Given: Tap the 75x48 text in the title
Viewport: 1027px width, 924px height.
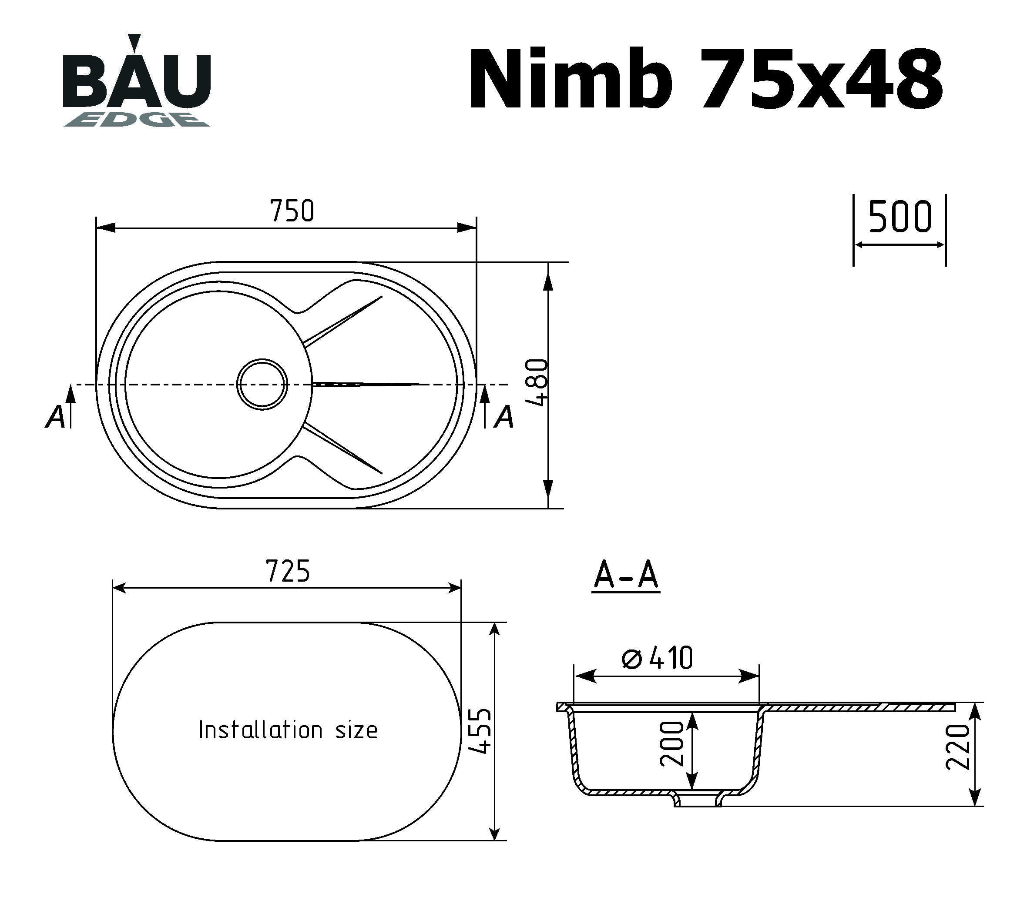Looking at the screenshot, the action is [x=822, y=79].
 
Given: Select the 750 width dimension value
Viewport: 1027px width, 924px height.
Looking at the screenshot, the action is [x=292, y=211].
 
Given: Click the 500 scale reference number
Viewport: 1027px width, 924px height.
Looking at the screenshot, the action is [x=899, y=217].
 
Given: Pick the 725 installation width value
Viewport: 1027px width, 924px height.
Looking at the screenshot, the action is [x=288, y=571].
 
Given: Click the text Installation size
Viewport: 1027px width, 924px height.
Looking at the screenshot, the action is [x=288, y=730].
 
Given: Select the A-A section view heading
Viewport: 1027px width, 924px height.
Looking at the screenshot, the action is [x=626, y=576].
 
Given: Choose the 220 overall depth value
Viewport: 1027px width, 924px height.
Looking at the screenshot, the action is [x=958, y=754].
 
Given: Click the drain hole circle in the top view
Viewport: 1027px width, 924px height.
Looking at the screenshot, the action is [x=262, y=384].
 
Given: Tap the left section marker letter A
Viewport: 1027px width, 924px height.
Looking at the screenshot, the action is [x=56, y=417].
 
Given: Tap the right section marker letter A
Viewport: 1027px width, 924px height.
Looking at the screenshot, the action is [x=504, y=417].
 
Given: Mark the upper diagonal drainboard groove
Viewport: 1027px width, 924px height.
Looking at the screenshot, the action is [x=343, y=319].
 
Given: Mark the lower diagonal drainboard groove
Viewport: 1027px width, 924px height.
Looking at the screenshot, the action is [x=343, y=449].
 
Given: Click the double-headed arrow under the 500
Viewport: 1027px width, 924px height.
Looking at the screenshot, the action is [x=899, y=245].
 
